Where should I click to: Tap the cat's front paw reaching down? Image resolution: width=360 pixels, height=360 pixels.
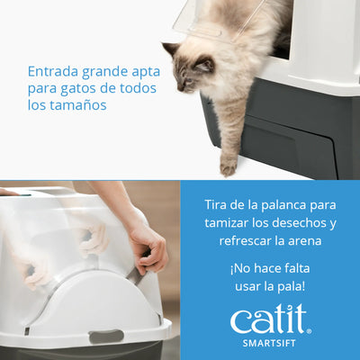pos(229,166)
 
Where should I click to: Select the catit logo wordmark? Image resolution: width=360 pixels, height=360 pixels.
pos(269,319)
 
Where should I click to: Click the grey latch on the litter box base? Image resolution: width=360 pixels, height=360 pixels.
pos(106,336)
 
